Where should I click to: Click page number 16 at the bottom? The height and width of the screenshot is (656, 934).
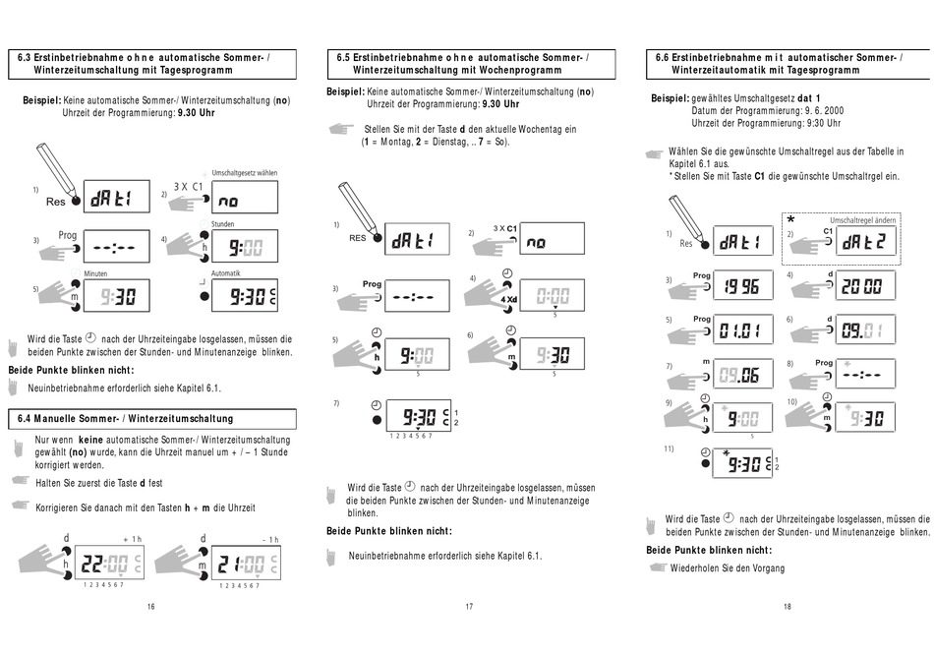(x=150, y=606)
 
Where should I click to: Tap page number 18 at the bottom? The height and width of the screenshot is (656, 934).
(x=787, y=606)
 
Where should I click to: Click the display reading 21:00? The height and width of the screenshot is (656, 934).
(x=245, y=564)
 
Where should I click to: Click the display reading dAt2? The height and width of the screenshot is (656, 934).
(x=866, y=242)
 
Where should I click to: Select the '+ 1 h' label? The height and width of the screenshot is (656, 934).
(x=132, y=539)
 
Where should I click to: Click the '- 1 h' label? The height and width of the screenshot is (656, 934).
(x=270, y=539)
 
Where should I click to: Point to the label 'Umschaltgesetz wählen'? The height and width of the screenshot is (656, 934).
(x=244, y=173)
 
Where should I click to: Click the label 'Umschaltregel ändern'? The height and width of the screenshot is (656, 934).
(x=862, y=220)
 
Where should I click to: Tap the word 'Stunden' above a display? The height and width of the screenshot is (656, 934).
(x=223, y=224)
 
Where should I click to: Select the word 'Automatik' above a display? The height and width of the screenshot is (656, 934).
(x=226, y=273)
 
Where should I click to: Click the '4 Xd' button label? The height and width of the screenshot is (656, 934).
(x=508, y=298)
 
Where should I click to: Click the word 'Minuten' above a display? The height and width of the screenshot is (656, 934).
(x=95, y=273)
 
